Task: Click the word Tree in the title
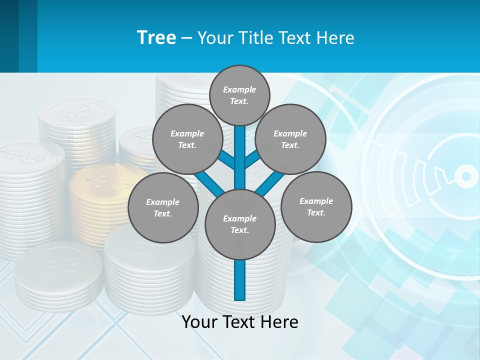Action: coord(156,38)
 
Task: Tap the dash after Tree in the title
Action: coord(186,38)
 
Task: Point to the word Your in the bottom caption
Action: coord(200,322)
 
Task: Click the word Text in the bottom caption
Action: coord(240,322)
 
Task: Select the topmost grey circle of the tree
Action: coord(239,95)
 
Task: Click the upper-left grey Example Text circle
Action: coord(187,139)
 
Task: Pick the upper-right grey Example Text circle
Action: coord(290,139)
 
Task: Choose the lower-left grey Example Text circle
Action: coord(163,207)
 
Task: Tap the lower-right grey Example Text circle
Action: coord(316,206)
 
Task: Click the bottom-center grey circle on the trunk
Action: coord(240,224)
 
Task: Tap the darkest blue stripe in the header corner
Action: coord(9,36)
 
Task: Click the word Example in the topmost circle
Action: coord(239,90)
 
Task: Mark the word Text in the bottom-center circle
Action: coord(239,230)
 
